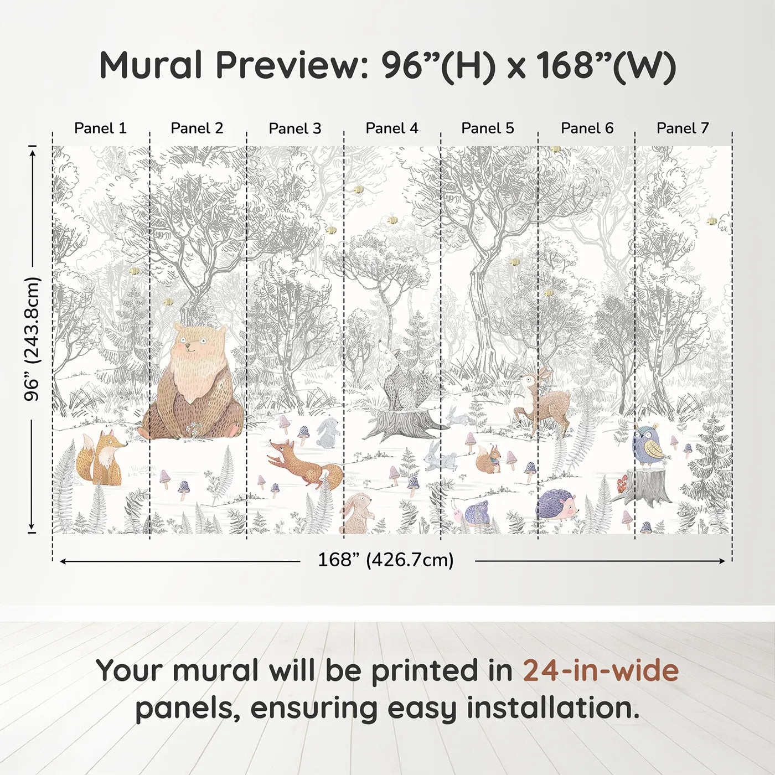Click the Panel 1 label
[100, 128]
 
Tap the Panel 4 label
[391, 128]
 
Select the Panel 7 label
[682, 128]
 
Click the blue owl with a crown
[648, 446]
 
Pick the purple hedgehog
[557, 505]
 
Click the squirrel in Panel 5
[488, 460]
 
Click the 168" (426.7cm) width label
[385, 560]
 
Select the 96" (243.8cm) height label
[32, 338]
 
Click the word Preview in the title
[288, 65]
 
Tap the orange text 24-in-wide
[601, 671]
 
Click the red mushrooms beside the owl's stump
[623, 484]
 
